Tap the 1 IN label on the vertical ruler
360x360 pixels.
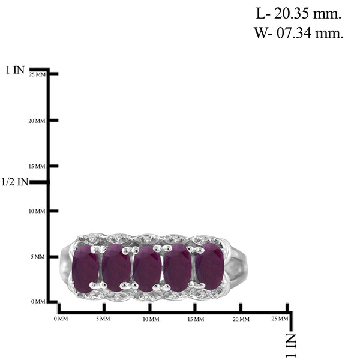pyautogui.click(x=15, y=70)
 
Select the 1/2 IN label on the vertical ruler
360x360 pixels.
pyautogui.click(x=14, y=182)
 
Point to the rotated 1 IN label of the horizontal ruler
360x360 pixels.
pyautogui.click(x=291, y=346)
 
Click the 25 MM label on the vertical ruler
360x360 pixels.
pyautogui.click(x=37, y=74)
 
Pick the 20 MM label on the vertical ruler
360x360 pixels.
pyautogui.click(x=37, y=121)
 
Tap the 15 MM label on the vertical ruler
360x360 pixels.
pyautogui.click(x=37, y=166)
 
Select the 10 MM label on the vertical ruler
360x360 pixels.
pyautogui.click(x=37, y=211)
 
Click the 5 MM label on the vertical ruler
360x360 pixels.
pyautogui.click(x=38, y=257)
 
